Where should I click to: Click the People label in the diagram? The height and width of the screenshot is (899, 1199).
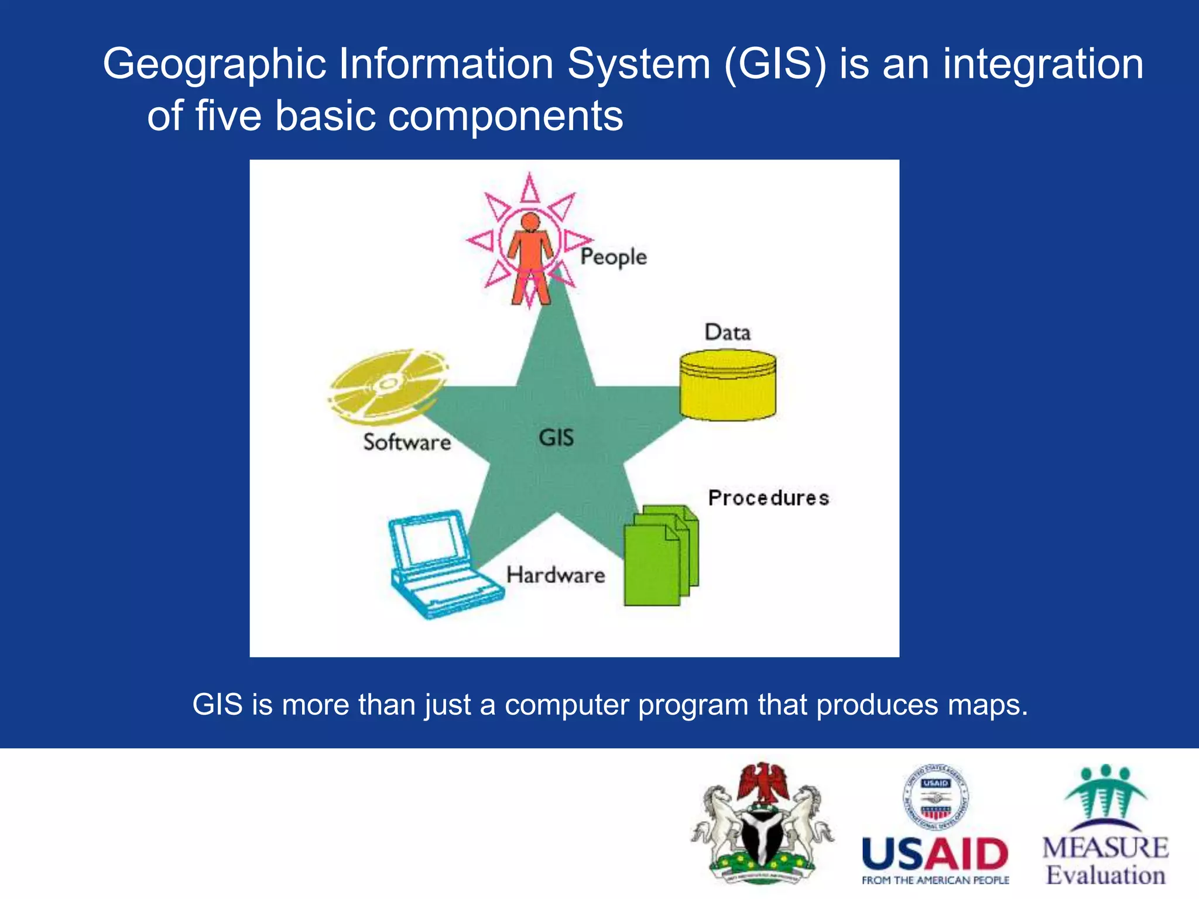point(613,257)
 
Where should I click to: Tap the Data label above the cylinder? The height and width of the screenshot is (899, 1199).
point(727,332)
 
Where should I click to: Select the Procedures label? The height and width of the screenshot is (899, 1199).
point(768,498)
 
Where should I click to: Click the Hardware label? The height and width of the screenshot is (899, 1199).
point(555,575)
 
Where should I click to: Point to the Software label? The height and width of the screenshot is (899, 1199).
point(407,442)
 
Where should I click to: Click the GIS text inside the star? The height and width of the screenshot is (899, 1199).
point(556,438)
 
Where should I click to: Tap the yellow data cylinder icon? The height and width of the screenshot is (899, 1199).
point(728,386)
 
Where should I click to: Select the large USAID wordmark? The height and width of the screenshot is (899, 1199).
point(935,855)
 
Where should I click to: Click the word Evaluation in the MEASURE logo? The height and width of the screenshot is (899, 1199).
point(1105,876)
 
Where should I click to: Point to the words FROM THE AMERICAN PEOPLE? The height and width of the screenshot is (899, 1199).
point(935,880)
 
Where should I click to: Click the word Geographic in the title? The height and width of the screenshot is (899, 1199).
point(214,64)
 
